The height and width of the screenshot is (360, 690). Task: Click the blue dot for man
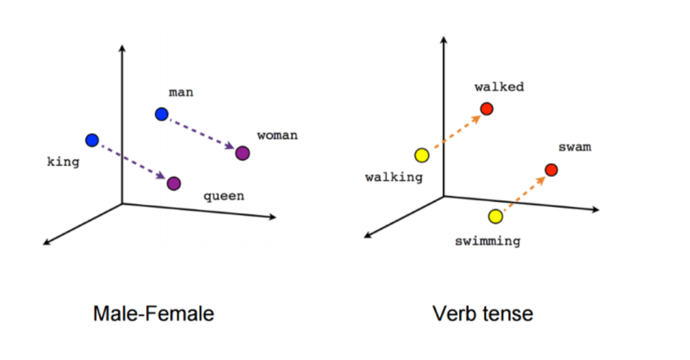[x=161, y=114]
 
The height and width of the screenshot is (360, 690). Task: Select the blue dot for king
[x=92, y=139]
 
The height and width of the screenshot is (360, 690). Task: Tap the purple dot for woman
[x=243, y=153]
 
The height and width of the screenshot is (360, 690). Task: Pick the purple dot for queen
[x=173, y=183]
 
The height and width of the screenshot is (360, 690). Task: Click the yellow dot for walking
[x=421, y=155]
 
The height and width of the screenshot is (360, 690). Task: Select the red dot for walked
[x=486, y=110]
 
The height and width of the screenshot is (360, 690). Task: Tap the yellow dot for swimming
[x=495, y=216]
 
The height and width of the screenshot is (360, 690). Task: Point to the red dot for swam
[x=551, y=170]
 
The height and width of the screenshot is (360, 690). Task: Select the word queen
[x=223, y=196]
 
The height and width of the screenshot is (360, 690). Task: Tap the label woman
[x=277, y=135]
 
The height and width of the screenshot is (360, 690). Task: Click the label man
[x=181, y=93]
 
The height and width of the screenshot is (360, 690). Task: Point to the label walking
[x=394, y=177]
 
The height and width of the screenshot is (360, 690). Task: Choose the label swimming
[x=488, y=240]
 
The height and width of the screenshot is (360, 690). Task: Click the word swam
[x=575, y=148]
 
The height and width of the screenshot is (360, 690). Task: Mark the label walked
[x=499, y=87]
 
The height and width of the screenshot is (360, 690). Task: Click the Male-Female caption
[x=153, y=314]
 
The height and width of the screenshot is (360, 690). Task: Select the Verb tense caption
[x=483, y=314]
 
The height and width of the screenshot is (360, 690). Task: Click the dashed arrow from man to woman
[x=202, y=134]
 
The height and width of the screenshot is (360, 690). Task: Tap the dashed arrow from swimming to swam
[x=523, y=193]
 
